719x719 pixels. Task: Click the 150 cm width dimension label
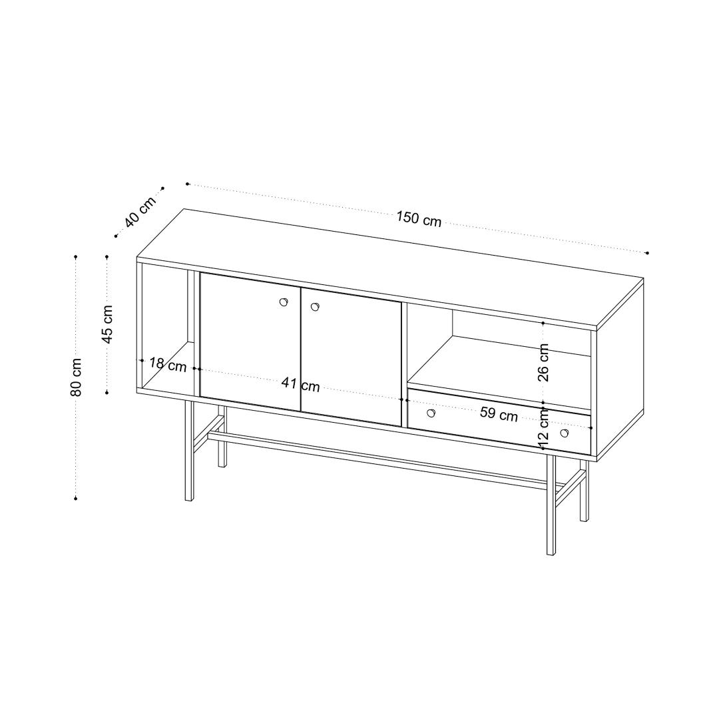pos(419,219)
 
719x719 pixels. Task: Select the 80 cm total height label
pos(76,377)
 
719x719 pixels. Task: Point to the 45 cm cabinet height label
pos(107,324)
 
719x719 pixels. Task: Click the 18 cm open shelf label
pos(168,365)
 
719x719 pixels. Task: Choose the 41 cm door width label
pos(301,384)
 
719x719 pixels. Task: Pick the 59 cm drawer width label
pos(499,414)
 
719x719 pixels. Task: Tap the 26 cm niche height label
pos(543,362)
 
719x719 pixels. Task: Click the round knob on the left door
pos(284,302)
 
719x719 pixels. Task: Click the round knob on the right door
pos(315,307)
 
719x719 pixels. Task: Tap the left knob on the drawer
pos(431,413)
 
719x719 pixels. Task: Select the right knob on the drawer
pos(564,433)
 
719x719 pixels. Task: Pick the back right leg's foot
pos(584,519)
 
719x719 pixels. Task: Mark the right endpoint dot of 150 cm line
pos(648,253)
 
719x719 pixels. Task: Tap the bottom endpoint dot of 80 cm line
pos(76,498)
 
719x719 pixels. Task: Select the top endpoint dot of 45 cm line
pos(107,256)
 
